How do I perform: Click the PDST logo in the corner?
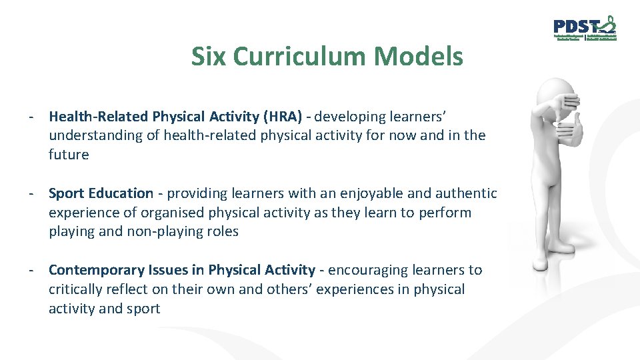[585, 29]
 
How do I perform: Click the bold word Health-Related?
[98, 117]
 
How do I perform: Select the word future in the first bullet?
[69, 155]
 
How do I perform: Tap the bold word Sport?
[67, 194]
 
